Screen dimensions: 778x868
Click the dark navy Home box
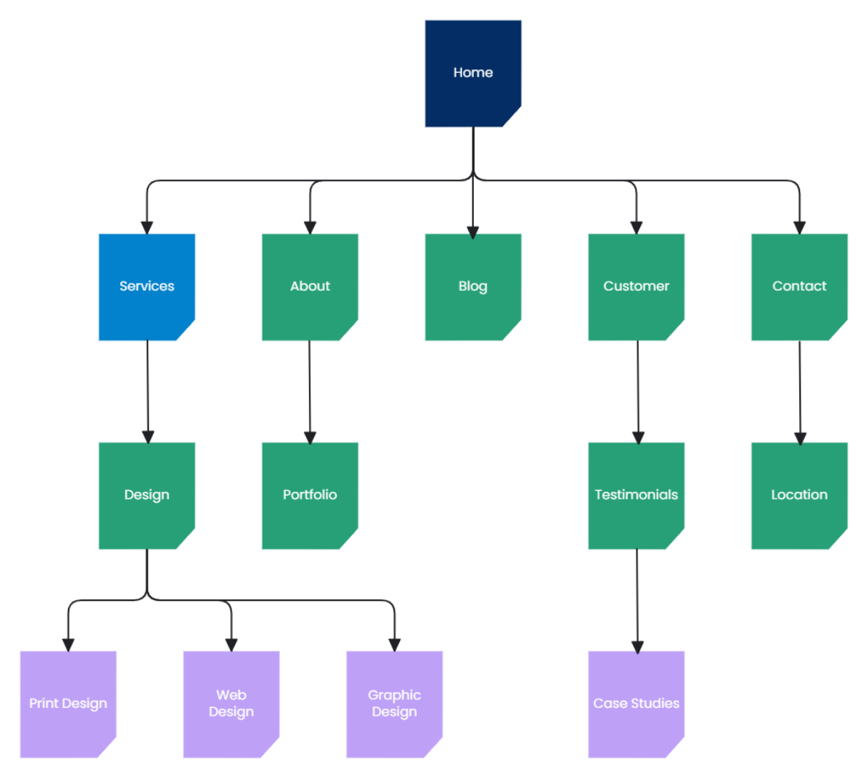(473, 73)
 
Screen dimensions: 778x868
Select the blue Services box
(147, 286)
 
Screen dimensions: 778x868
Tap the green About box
(310, 286)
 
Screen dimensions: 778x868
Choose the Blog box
(473, 286)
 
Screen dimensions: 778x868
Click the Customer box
(636, 286)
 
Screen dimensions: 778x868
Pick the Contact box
(799, 286)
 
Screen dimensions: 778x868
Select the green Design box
(147, 495)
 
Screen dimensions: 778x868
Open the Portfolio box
(310, 495)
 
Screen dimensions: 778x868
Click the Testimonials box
(636, 495)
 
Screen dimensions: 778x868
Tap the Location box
(799, 495)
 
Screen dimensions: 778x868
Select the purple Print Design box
(68, 704)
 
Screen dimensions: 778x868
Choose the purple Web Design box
(231, 704)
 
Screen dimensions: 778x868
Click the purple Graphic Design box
(394, 704)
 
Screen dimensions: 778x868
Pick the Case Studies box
(636, 704)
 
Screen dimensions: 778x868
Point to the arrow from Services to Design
(148, 390)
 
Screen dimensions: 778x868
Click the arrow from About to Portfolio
(310, 390)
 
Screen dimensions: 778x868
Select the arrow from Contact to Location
(800, 390)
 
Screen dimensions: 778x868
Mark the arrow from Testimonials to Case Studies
(637, 600)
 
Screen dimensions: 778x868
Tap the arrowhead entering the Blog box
(473, 232)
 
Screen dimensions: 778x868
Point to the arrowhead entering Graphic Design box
(394, 644)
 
